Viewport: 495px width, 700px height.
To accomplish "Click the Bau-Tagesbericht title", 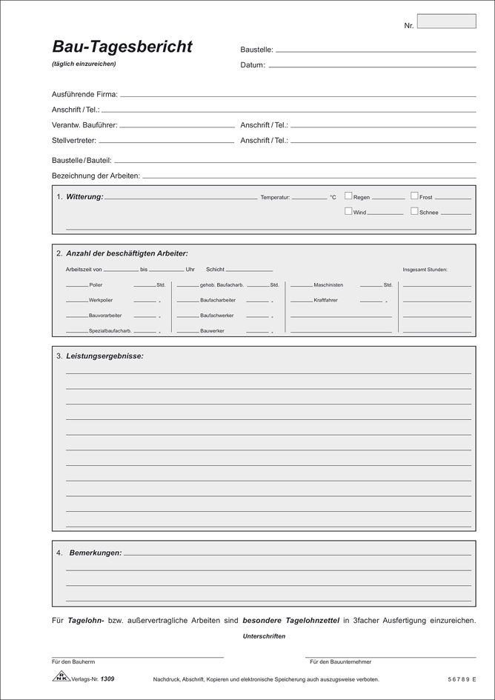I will (122, 47).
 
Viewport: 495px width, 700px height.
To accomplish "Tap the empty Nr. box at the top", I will (447, 21).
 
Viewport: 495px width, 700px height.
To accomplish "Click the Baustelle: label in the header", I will (256, 50).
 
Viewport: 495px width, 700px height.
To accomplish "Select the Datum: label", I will (253, 65).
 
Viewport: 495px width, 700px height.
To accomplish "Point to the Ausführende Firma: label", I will (84, 95).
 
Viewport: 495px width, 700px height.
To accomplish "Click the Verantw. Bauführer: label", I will (84, 125).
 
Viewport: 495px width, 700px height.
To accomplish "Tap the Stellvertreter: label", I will (74, 140).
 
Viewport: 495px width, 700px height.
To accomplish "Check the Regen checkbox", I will (348, 196).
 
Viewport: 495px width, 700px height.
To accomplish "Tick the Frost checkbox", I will (414, 196).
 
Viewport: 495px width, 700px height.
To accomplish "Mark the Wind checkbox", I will (348, 211).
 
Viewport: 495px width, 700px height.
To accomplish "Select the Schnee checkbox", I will (414, 211).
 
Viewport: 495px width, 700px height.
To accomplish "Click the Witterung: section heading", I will (84, 197).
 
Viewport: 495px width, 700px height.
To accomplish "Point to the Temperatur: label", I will (275, 198).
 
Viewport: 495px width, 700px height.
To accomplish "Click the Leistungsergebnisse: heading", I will (104, 356).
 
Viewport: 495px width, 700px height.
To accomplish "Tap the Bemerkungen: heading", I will (95, 553).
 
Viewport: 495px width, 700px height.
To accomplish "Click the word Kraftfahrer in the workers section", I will (328, 300).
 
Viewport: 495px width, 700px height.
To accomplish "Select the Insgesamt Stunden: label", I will (425, 270).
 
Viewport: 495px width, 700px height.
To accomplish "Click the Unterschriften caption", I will (263, 636).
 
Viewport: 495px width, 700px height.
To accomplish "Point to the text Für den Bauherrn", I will (74, 661).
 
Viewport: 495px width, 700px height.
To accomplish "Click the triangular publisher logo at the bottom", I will (59, 678).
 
